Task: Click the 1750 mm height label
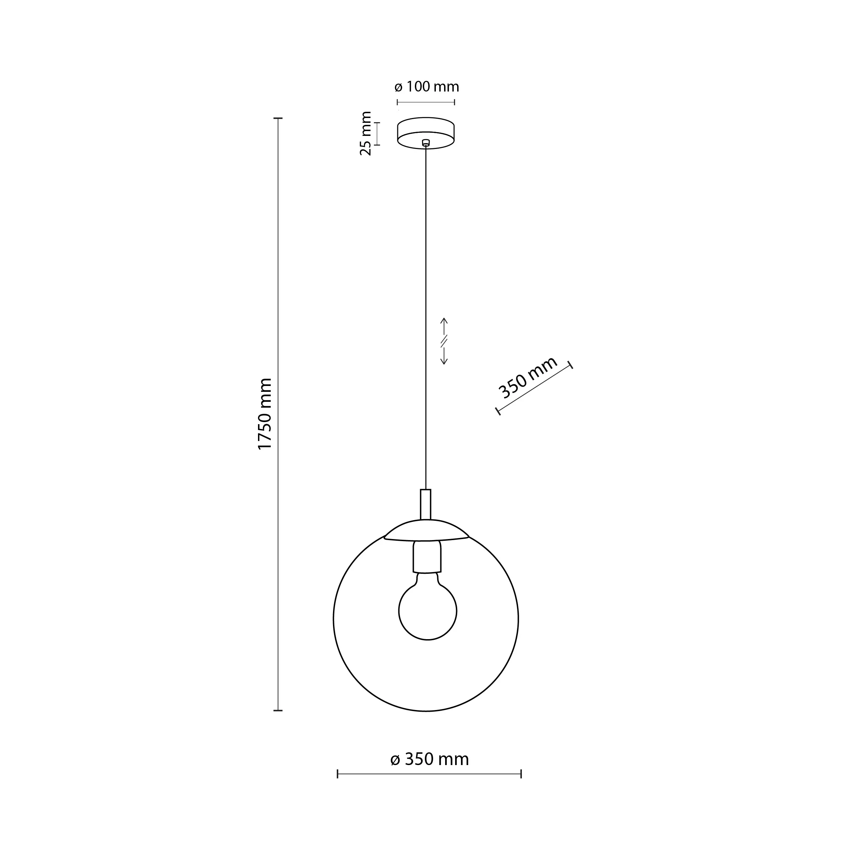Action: (x=265, y=414)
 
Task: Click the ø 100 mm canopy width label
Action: (x=427, y=87)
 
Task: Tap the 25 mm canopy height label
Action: (x=365, y=133)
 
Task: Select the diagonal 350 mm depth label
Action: (x=527, y=377)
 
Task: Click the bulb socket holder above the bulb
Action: (x=427, y=556)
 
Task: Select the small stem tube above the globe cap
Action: (x=426, y=504)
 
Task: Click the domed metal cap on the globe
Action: (x=426, y=530)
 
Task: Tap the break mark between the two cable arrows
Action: (x=444, y=341)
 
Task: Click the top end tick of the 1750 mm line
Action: (x=278, y=118)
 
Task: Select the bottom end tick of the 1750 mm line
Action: (x=278, y=710)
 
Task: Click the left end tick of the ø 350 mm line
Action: (x=338, y=774)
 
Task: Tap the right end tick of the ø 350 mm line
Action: (x=521, y=774)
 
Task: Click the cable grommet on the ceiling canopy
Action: (x=426, y=142)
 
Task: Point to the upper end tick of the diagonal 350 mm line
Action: (x=571, y=365)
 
